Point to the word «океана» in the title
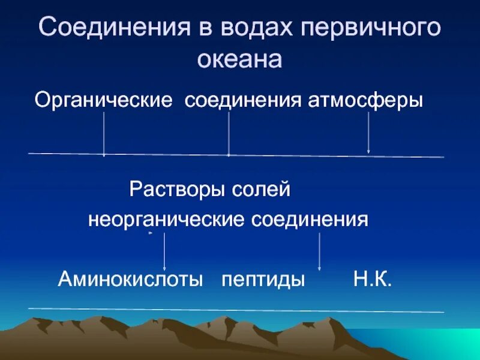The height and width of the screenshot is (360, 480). click(240, 59)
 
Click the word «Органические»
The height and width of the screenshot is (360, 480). click(103, 100)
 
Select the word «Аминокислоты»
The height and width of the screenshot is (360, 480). click(130, 279)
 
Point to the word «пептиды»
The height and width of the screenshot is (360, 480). click(263, 279)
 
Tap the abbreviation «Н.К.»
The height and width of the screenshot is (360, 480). click(372, 279)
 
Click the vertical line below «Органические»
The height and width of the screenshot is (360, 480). click(104, 133)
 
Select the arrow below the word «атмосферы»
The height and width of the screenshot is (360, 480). click(368, 133)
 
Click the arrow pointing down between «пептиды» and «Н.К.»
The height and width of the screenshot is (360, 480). click(319, 251)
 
